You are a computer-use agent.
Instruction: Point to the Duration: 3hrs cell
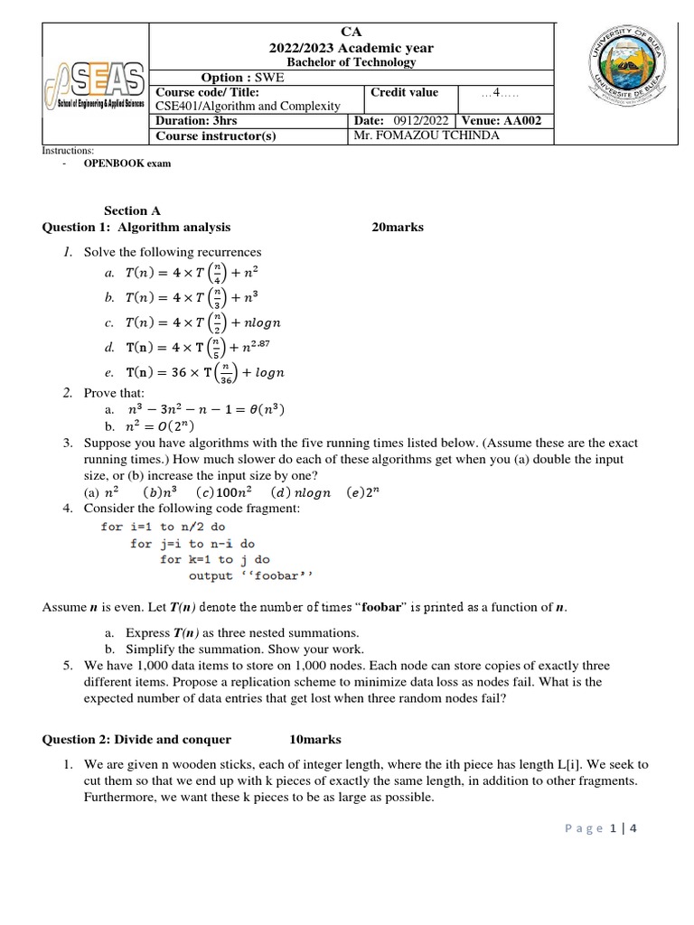pos(196,120)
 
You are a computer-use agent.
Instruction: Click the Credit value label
pos(404,92)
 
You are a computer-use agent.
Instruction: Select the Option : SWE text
pos(241,78)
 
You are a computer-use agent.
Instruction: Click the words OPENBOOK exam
pos(127,164)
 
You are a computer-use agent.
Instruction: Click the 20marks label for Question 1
pos(398,228)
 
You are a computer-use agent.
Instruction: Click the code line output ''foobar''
pos(250,575)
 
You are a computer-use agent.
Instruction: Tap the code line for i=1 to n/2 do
pos(163,527)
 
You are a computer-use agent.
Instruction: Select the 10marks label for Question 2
pos(315,740)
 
